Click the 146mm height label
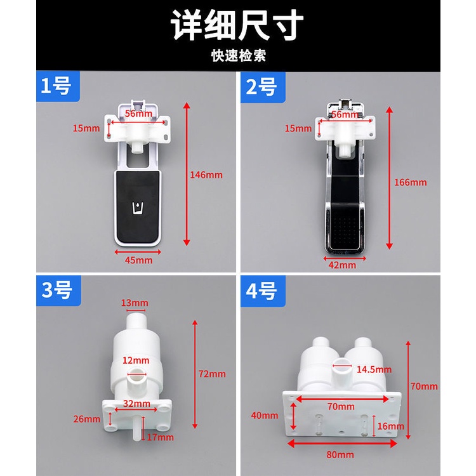[206, 175]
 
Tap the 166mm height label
[411, 182]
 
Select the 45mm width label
[138, 260]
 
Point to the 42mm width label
[342, 265]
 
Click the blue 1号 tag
[58, 86]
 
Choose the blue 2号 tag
[263, 87]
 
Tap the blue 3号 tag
[58, 290]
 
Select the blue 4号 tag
[263, 291]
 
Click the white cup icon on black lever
[138, 208]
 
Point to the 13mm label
[135, 303]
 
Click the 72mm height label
[212, 374]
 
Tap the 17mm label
[161, 437]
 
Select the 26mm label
[86, 419]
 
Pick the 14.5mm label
[374, 369]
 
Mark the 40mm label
[265, 415]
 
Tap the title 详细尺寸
[237, 25]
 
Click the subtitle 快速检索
[239, 56]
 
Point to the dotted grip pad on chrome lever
[345, 232]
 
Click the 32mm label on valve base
[136, 404]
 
